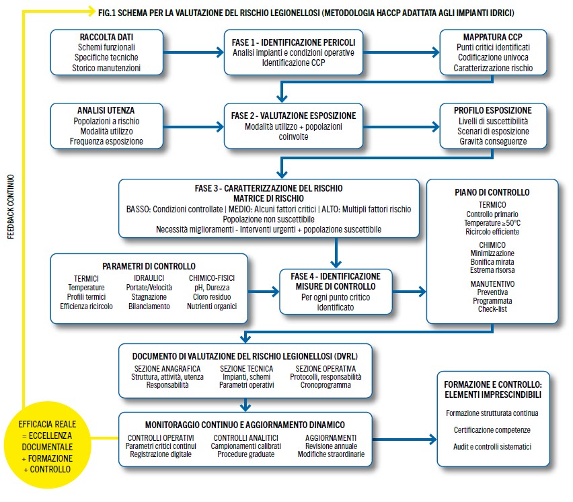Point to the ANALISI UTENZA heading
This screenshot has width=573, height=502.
pos(106,110)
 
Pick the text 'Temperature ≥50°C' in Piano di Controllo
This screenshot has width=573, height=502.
pos(492,222)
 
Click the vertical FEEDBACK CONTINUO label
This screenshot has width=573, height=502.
pos(10,208)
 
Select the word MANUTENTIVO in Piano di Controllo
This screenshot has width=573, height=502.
pos(492,284)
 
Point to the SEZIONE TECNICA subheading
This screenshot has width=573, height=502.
pos(245,368)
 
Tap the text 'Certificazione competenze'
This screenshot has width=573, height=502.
pos(492,429)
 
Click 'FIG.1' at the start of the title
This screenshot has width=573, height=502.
pos(108,12)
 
